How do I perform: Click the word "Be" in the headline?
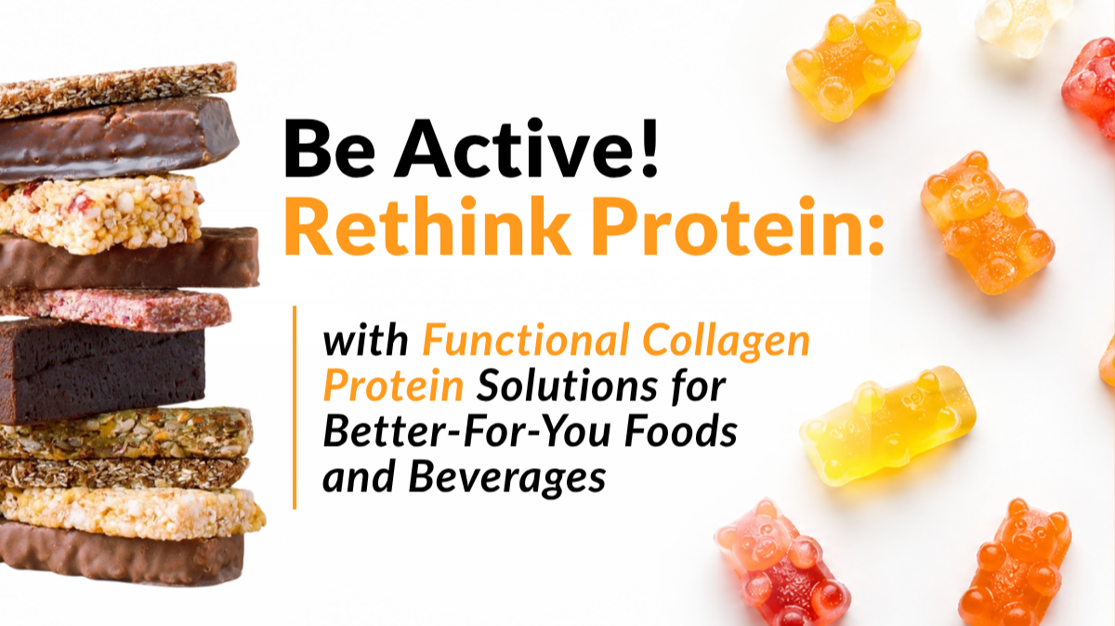(329, 148)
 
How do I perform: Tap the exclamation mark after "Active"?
(649, 148)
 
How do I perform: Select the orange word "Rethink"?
(426, 226)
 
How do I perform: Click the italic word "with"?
(366, 340)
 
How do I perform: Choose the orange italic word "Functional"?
(525, 340)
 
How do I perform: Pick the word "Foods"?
(681, 431)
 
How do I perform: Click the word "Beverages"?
(507, 477)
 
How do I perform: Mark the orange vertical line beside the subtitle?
(295, 408)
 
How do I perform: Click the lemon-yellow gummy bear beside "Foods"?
(887, 425)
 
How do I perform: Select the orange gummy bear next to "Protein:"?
(987, 222)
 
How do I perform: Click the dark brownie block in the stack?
(102, 371)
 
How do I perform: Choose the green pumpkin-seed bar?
(125, 433)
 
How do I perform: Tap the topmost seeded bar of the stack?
(117, 88)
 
